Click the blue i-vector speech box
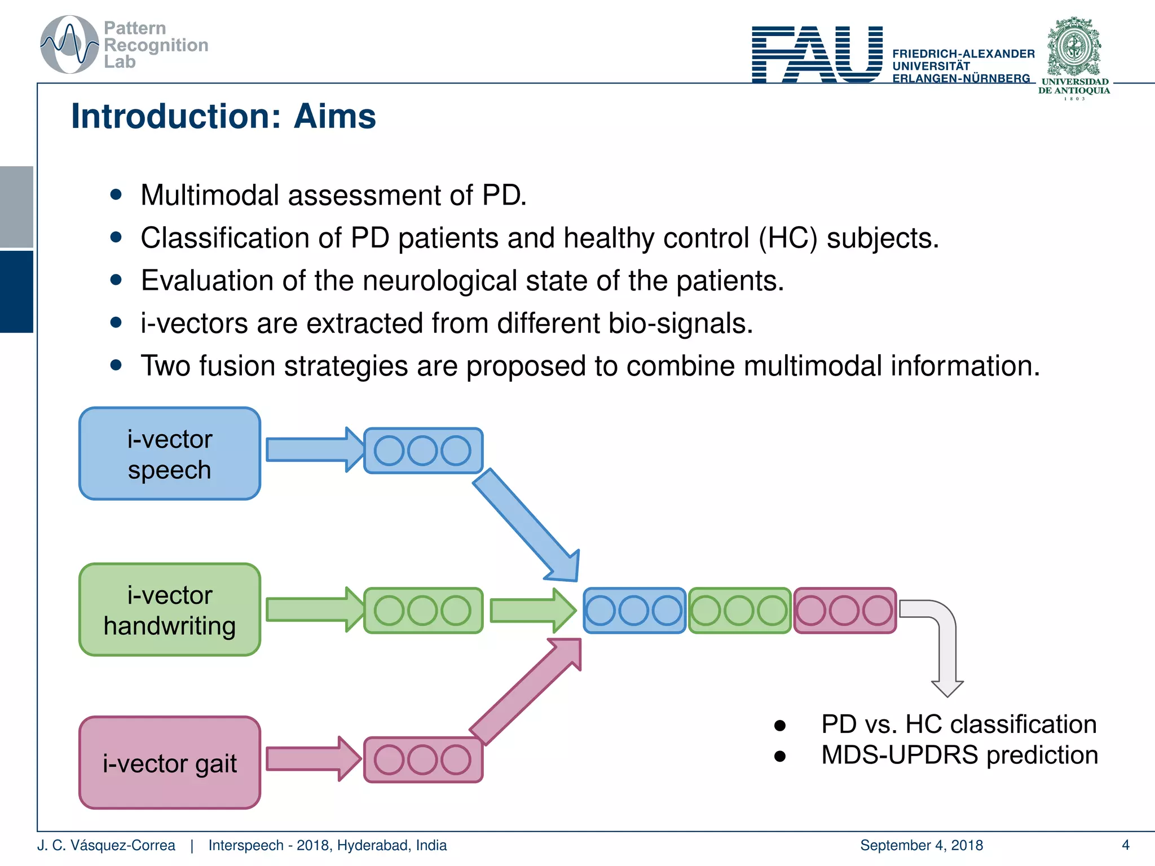[169, 454]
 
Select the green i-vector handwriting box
[169, 609]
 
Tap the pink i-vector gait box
[169, 763]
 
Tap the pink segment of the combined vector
[844, 611]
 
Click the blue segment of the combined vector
[634, 611]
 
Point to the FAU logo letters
[817, 55]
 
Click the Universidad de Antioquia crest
[1074, 48]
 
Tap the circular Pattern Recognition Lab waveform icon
[69, 45]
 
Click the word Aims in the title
[334, 117]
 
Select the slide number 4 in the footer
[1125, 845]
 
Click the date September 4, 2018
[921, 845]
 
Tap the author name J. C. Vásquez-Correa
[106, 845]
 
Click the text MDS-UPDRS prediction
[959, 755]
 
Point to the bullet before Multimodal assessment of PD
[116, 195]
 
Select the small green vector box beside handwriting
[423, 611]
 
